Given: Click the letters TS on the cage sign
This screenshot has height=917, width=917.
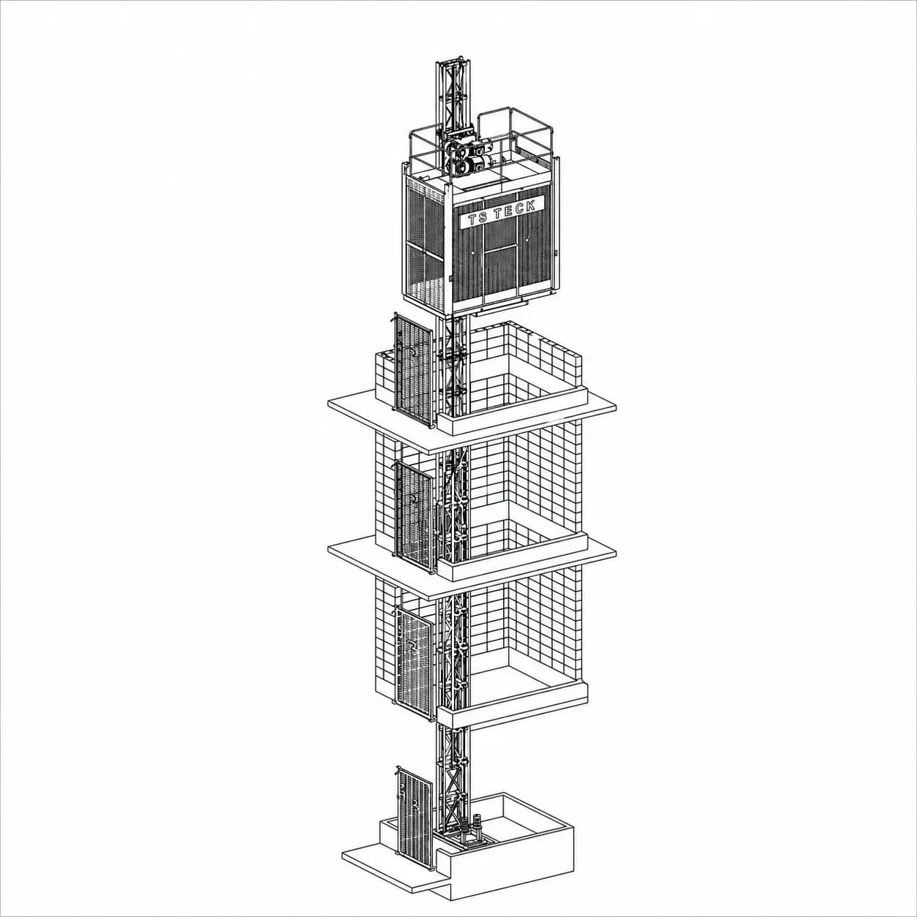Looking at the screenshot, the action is click(478, 219).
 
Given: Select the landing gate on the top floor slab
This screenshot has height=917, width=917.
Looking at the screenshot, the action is click(413, 369).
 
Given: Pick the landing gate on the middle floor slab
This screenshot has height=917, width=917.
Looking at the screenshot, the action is click(415, 517).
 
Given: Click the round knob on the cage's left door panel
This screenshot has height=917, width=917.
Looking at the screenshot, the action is click(473, 254).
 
